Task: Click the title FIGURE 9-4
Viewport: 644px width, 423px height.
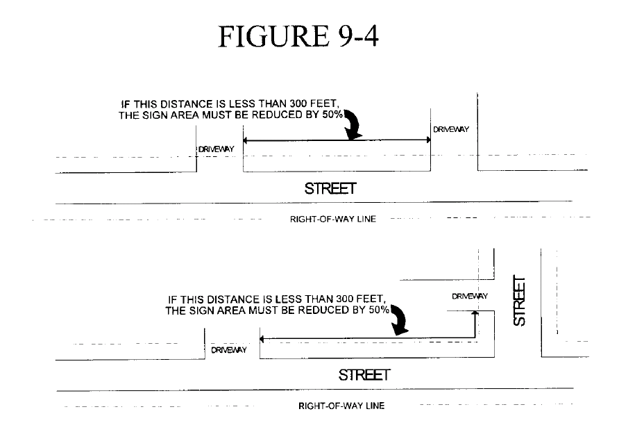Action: click(x=298, y=36)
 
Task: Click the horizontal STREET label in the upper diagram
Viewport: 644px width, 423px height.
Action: click(x=330, y=188)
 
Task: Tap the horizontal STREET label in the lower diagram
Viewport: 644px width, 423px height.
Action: click(x=364, y=375)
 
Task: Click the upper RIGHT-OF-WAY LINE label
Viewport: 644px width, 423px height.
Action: click(x=332, y=219)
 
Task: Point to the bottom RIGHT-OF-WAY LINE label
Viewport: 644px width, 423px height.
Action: click(x=341, y=406)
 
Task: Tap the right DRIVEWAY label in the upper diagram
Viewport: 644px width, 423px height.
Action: click(x=451, y=129)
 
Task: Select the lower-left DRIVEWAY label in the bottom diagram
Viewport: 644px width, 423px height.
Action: click(x=229, y=350)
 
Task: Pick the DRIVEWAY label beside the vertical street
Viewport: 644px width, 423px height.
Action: click(x=470, y=297)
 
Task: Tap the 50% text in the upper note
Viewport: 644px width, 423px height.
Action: click(x=332, y=115)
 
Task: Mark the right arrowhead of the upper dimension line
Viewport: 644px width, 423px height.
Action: click(x=428, y=141)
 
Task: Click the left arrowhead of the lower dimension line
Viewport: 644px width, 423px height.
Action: click(x=262, y=339)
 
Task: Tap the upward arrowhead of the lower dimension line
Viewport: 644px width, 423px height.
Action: click(x=476, y=314)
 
